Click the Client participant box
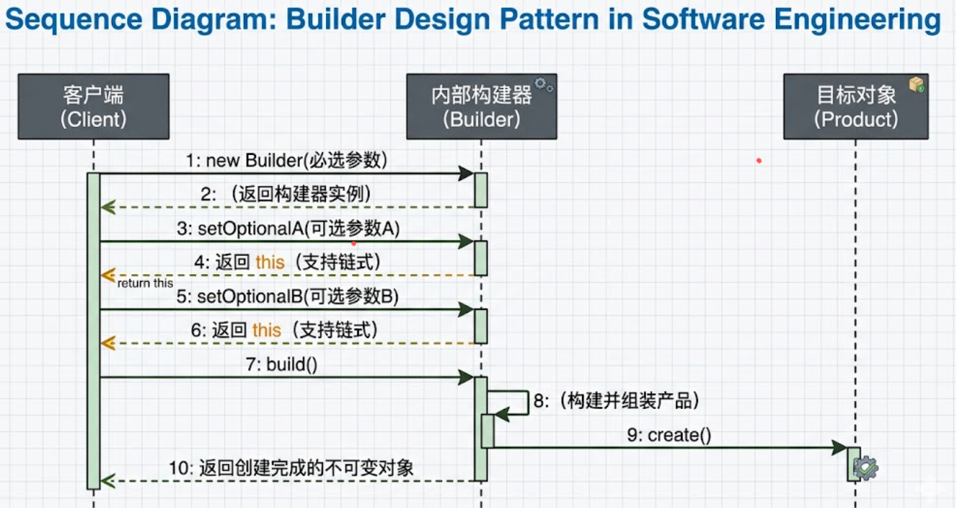pyautogui.click(x=93, y=106)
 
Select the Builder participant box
pyautogui.click(x=481, y=106)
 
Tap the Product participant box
pyautogui.click(x=856, y=106)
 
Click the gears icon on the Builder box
pyautogui.click(x=544, y=85)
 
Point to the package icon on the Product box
pyautogui.click(x=916, y=85)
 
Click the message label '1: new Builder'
pyautogui.click(x=286, y=160)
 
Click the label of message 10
pyautogui.click(x=291, y=469)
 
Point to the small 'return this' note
pyautogui.click(x=146, y=283)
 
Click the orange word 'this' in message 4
pyautogui.click(x=270, y=263)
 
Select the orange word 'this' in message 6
pyautogui.click(x=267, y=330)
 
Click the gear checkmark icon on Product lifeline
pyautogui.click(x=866, y=469)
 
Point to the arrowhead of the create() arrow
pyautogui.click(x=840, y=448)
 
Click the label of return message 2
pyautogui.click(x=286, y=194)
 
